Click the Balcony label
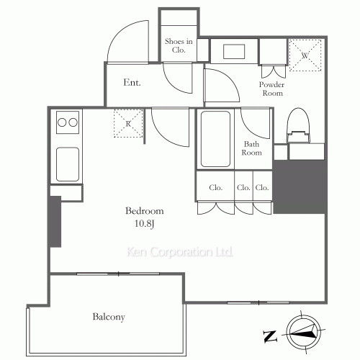[109, 317]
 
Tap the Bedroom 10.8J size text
[144, 223]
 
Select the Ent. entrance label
[132, 82]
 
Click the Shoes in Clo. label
[179, 45]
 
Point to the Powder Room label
[271, 89]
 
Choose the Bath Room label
[251, 148]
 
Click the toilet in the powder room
[298, 125]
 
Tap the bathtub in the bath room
[215, 139]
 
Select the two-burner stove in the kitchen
[68, 122]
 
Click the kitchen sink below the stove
[68, 164]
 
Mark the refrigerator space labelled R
[128, 123]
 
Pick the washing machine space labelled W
[305, 55]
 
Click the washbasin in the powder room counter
[234, 51]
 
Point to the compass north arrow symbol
[304, 333]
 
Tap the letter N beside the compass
[270, 336]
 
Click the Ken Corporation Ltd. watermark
[180, 252]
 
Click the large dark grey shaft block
[300, 186]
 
